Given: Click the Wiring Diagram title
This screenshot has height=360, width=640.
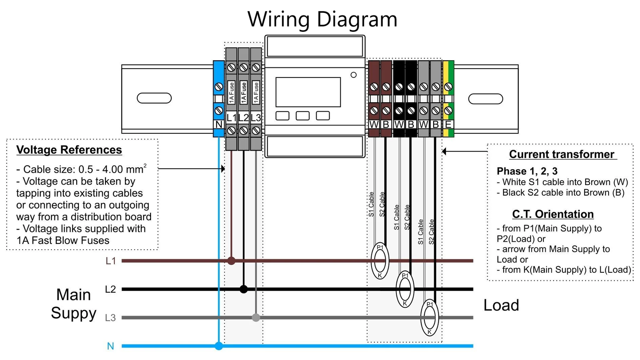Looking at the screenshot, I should pyautogui.click(x=322, y=19).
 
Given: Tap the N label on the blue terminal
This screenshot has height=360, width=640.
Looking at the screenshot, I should pyautogui.click(x=218, y=124).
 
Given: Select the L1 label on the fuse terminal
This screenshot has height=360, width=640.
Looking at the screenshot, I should pyautogui.click(x=231, y=118).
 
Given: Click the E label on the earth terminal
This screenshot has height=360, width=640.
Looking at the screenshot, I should pyautogui.click(x=448, y=124).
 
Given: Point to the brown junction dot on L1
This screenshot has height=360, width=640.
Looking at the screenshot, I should pyautogui.click(x=231, y=260).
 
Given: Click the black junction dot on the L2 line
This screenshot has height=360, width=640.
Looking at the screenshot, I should pyautogui.click(x=243, y=289).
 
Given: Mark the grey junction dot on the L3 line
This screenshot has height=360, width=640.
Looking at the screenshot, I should pyautogui.click(x=256, y=317).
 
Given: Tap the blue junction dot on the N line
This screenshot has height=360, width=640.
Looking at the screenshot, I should pyautogui.click(x=218, y=346).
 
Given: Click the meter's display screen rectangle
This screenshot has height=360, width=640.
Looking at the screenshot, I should pyautogui.click(x=308, y=92).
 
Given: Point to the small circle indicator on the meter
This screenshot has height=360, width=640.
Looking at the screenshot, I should pyautogui.click(x=353, y=75).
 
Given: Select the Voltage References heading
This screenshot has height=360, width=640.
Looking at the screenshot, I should pyautogui.click(x=69, y=150).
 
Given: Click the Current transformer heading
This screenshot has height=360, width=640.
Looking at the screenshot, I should pyautogui.click(x=562, y=154).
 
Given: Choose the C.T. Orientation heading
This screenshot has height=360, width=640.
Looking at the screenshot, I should pyautogui.click(x=553, y=214).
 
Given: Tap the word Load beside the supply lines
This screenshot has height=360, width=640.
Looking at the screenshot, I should pyautogui.click(x=501, y=305).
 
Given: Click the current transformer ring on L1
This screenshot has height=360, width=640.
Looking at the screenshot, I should pyautogui.click(x=380, y=261).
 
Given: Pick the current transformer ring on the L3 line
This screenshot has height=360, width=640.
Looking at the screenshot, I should pyautogui.click(x=430, y=317).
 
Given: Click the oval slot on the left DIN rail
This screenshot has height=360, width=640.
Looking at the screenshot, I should pyautogui.click(x=154, y=98).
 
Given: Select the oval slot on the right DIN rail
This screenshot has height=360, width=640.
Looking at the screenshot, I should pyautogui.click(x=485, y=98).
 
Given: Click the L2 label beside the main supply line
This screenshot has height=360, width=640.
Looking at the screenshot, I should pyautogui.click(x=110, y=289).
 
